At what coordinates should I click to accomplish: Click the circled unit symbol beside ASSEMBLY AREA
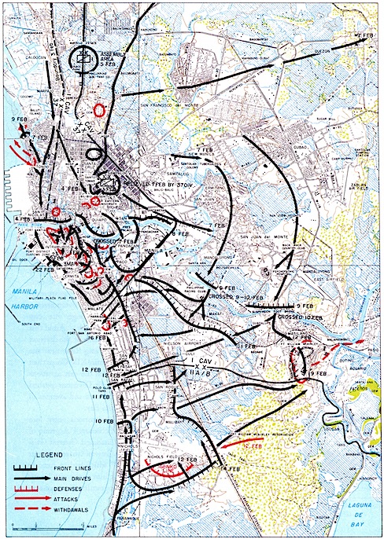pos(81,57)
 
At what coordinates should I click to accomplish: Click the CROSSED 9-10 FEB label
pos(233,297)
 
